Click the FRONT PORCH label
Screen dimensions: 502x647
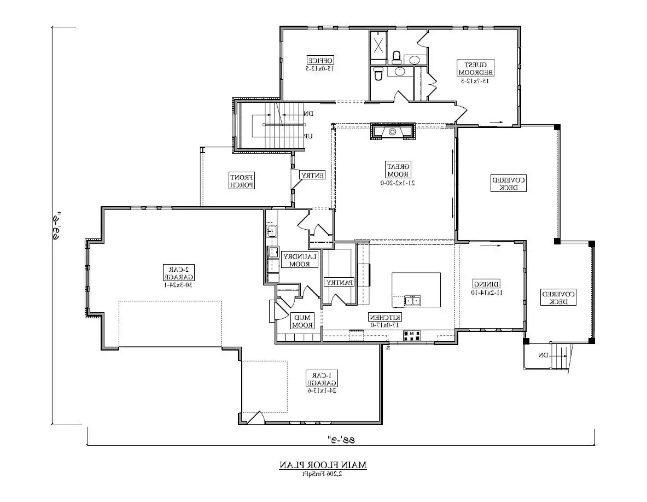[x=242, y=181]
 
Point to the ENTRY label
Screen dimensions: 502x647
[x=312, y=176]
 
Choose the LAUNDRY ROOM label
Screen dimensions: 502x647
[x=300, y=260]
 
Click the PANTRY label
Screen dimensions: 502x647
[x=339, y=282]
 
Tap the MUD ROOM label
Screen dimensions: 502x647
[x=302, y=321]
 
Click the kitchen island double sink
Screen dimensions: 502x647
[x=412, y=300]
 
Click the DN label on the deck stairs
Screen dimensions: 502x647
[x=543, y=356]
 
